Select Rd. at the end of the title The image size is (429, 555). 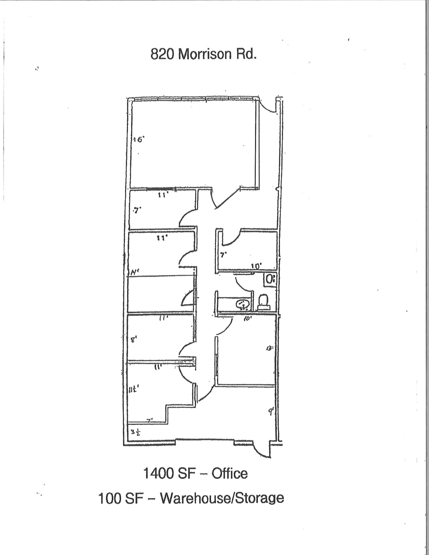[246, 54]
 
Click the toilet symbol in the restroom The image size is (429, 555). [263, 302]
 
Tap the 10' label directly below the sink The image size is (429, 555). [247, 319]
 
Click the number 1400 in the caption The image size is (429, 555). [158, 474]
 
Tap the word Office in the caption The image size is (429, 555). [230, 474]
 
